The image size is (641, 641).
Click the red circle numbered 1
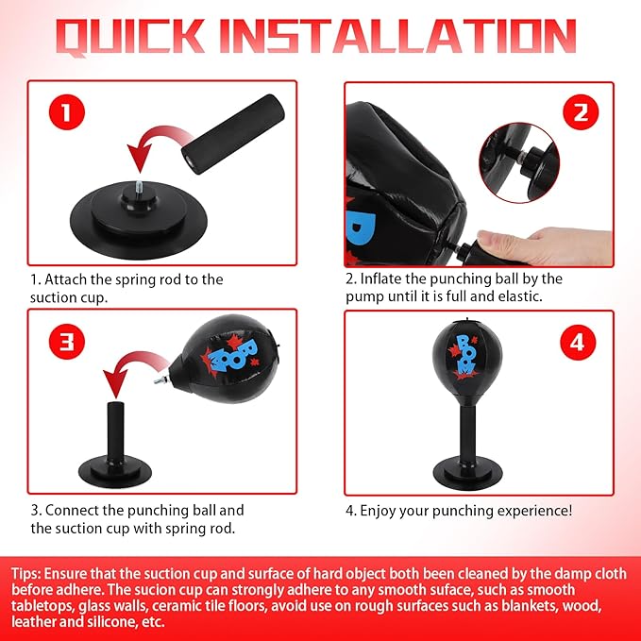(67, 112)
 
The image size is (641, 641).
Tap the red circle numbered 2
(581, 112)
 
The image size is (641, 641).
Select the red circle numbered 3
(67, 342)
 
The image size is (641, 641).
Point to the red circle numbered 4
(577, 343)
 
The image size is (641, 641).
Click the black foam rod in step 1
(233, 134)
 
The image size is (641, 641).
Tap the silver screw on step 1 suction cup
(139, 190)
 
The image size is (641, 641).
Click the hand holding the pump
(544, 246)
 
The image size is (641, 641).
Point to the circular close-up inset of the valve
(519, 162)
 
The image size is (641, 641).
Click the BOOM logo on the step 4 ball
(464, 356)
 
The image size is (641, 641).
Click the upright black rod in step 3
(115, 433)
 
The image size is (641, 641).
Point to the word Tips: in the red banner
(25, 574)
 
